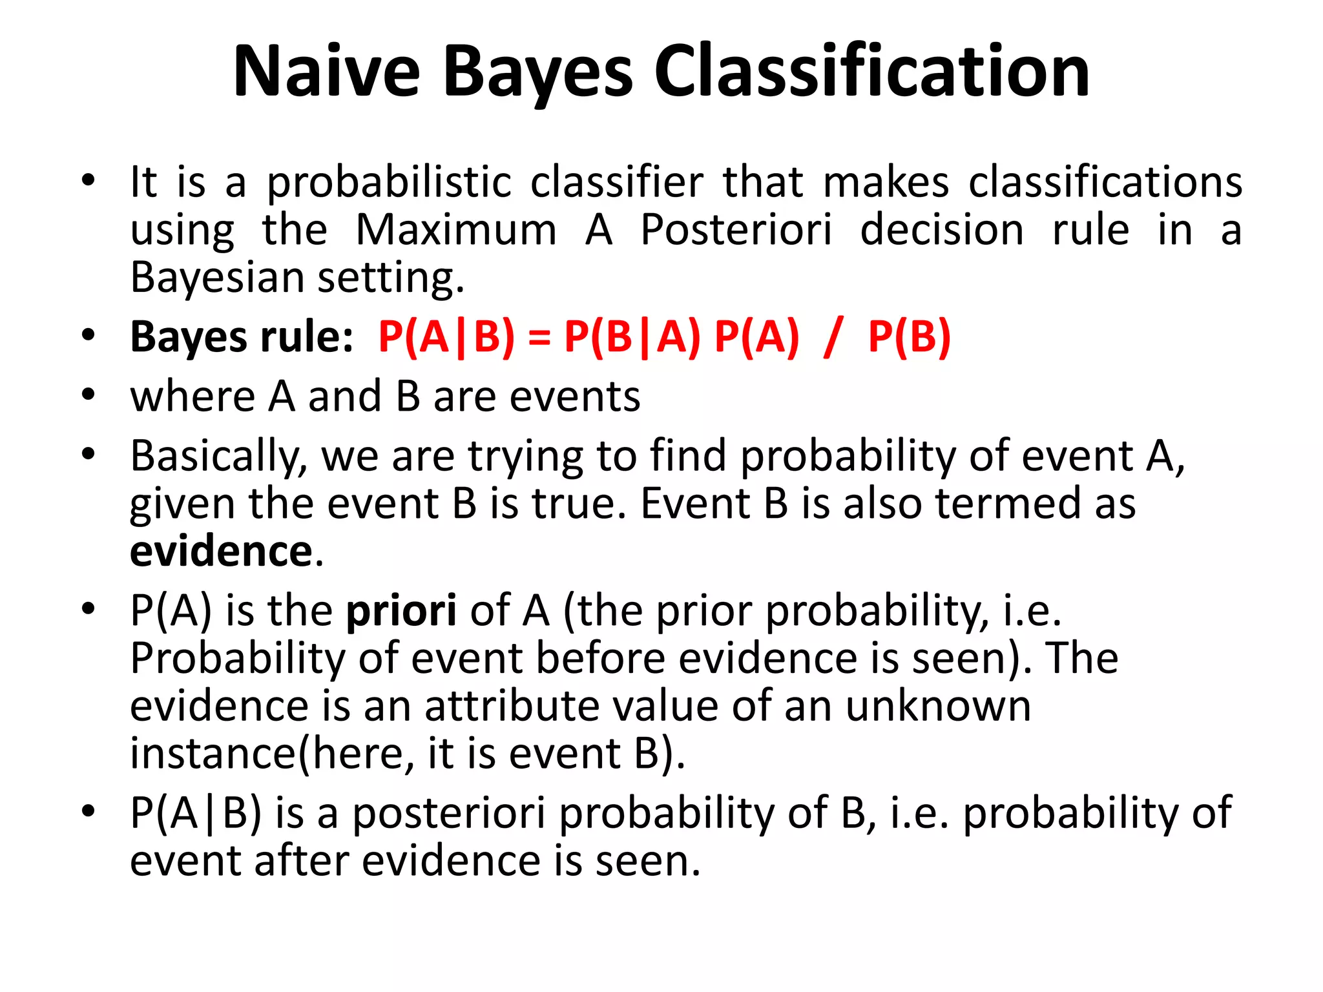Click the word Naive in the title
(x=327, y=71)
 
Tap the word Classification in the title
(x=871, y=71)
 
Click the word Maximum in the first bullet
(x=456, y=230)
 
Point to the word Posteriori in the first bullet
(x=736, y=230)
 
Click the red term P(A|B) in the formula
(x=446, y=337)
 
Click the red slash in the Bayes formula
(x=833, y=337)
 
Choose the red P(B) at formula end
(x=909, y=337)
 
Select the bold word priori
(x=401, y=610)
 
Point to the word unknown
(x=938, y=706)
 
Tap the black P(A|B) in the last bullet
(x=196, y=813)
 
